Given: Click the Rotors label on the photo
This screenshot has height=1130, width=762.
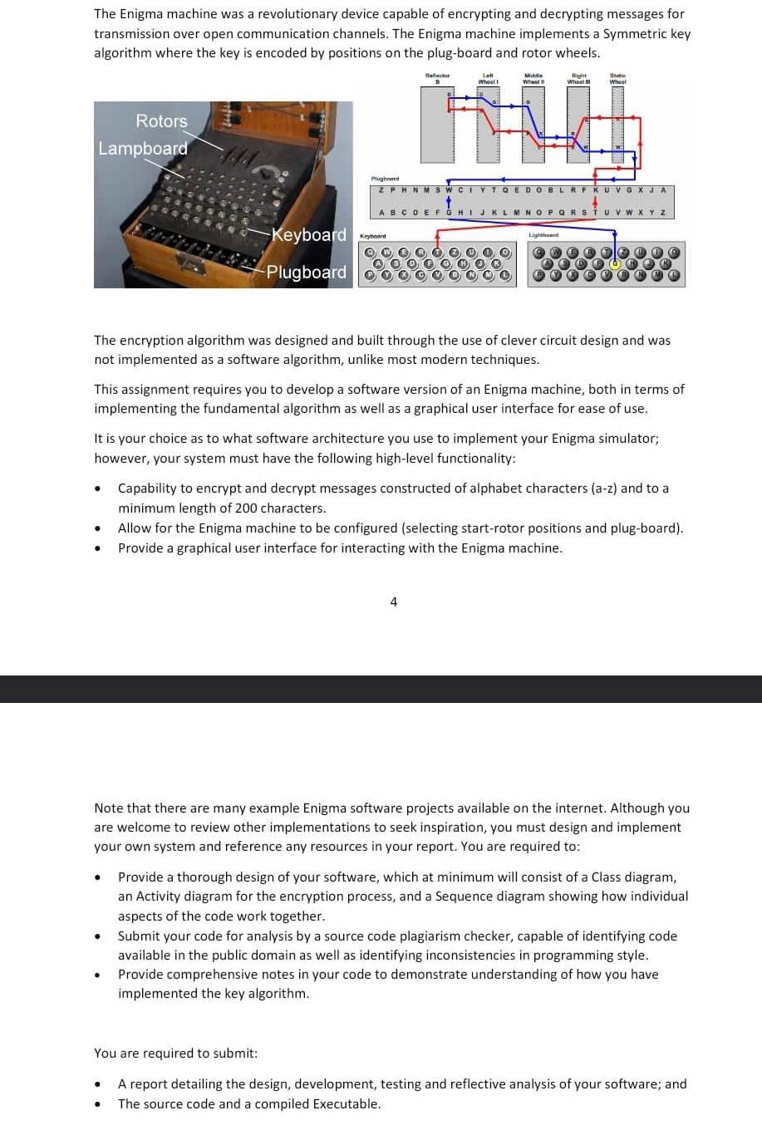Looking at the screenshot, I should [x=161, y=121].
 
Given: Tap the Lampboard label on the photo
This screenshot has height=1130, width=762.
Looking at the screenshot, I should [x=142, y=149].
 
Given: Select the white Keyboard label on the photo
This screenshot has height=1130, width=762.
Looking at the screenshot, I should [x=309, y=235].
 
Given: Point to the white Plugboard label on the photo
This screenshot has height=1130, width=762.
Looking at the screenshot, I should [x=306, y=273].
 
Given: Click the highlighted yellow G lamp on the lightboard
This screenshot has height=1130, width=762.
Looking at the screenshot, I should [x=616, y=263].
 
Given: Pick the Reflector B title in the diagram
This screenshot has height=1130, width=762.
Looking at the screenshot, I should [x=437, y=78].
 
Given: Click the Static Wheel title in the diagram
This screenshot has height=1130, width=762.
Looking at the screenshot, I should [x=617, y=78].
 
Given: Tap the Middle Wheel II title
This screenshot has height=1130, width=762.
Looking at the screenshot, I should [x=533, y=78].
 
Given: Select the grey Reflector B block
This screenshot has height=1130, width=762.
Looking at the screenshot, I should [x=437, y=125].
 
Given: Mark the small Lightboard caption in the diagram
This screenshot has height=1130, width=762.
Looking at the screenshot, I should [x=543, y=236].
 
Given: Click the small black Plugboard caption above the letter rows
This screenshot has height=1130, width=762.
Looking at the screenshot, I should [x=385, y=179].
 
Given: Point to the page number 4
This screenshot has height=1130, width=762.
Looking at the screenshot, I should [x=393, y=602].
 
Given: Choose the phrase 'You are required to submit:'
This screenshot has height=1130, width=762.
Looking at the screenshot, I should [x=176, y=1054].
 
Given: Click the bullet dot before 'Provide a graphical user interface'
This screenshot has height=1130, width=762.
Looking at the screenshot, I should [x=99, y=549].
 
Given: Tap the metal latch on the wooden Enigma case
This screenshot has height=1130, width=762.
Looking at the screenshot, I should [x=194, y=263].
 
